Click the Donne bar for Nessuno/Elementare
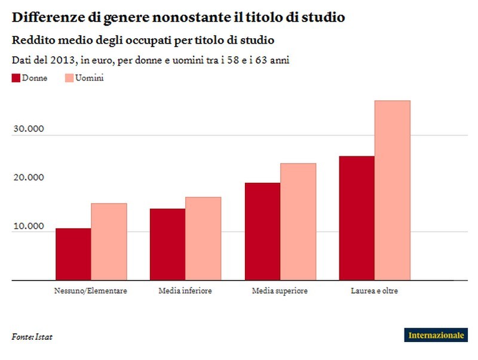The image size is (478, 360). (73, 254)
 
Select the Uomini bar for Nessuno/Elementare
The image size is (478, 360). (109, 241)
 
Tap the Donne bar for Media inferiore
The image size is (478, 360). (167, 244)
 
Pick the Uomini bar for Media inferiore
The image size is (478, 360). (203, 238)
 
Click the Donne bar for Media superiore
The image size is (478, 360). (262, 231)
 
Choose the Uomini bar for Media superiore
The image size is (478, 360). (298, 221)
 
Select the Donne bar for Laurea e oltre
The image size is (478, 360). (357, 218)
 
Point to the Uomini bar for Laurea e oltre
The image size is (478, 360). (392, 190)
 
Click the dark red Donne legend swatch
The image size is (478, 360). (16, 78)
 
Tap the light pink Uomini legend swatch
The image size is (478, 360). (68, 78)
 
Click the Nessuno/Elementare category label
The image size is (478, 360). (90, 291)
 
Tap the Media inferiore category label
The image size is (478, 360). (185, 291)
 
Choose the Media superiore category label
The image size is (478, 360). (280, 291)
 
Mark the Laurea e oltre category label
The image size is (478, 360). (374, 291)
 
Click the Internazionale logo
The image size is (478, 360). (436, 335)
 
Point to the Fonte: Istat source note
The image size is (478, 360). (32, 337)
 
